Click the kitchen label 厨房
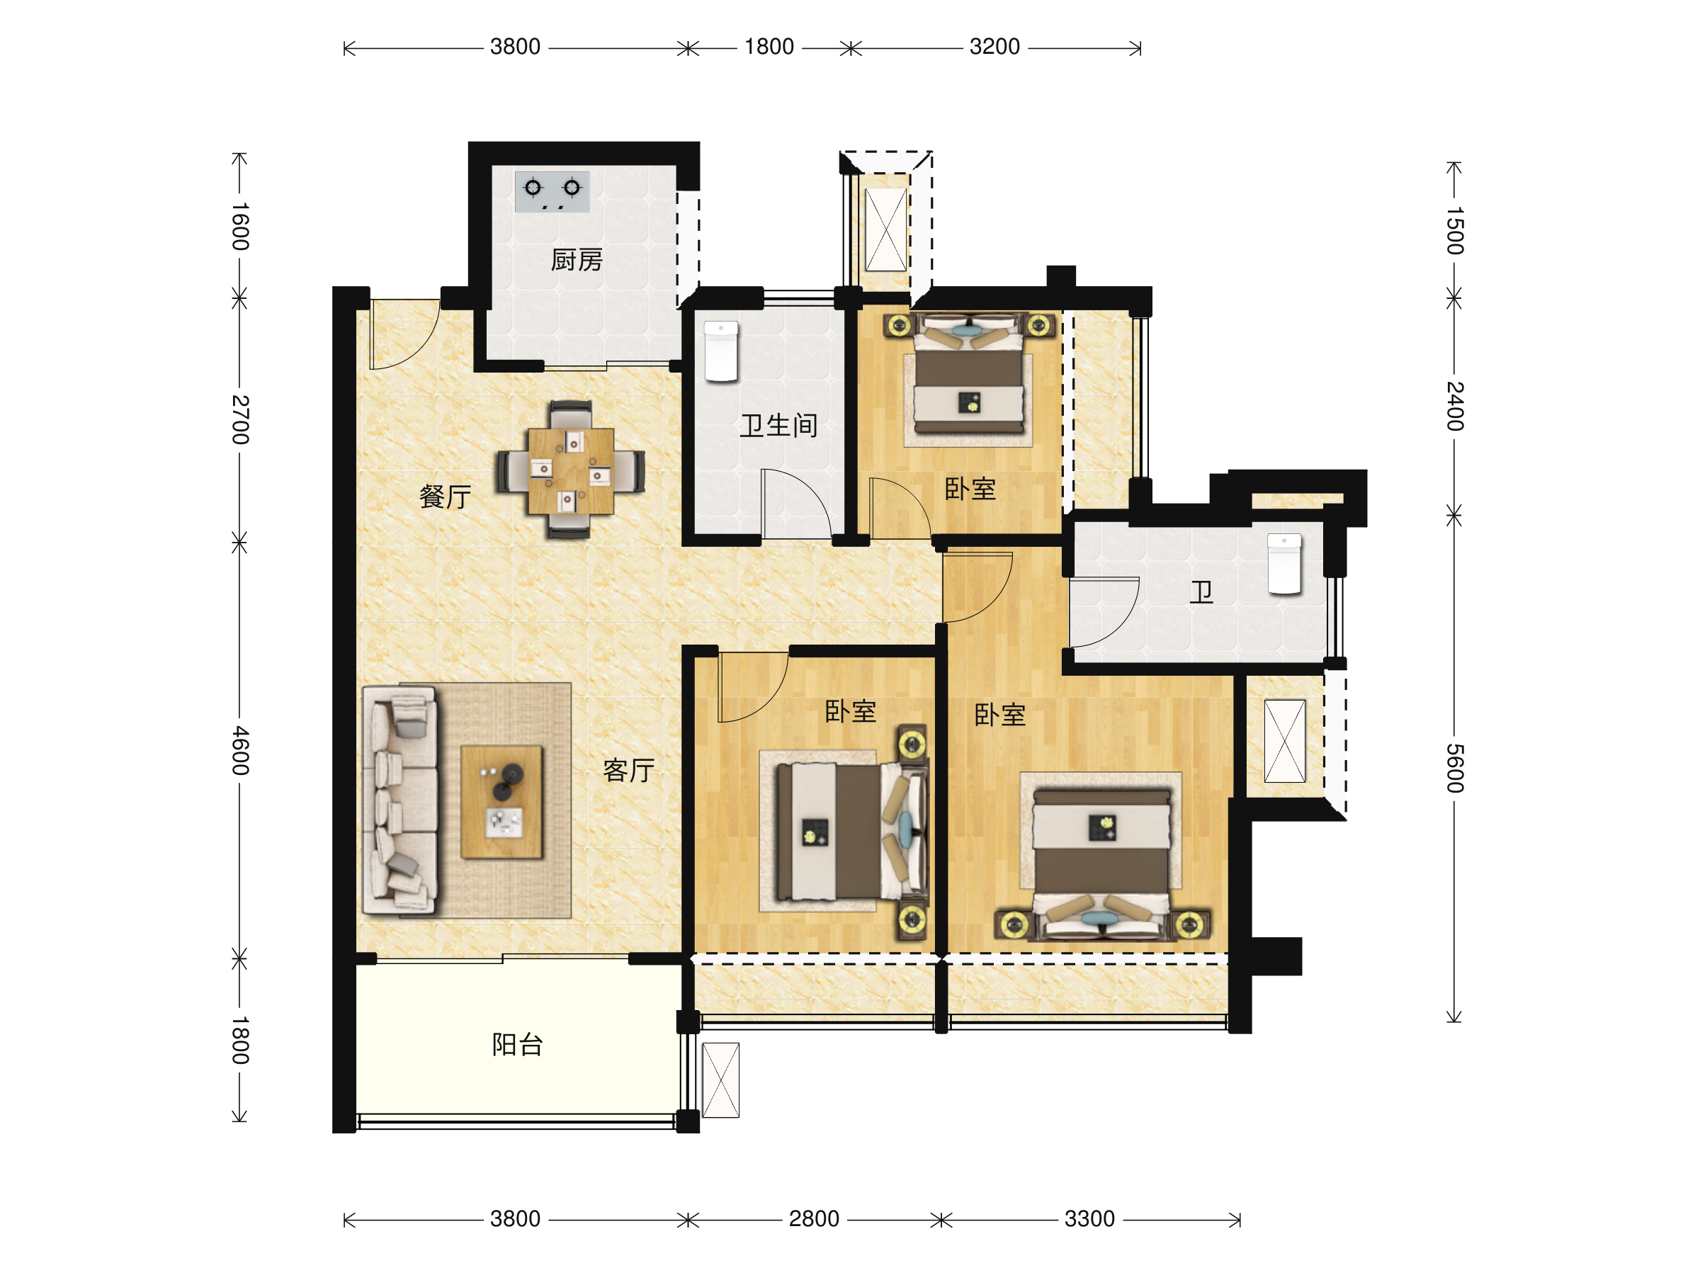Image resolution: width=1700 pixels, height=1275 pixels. click(577, 261)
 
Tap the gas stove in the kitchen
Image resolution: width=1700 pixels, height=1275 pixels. click(552, 191)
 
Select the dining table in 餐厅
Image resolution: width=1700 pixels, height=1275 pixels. click(570, 470)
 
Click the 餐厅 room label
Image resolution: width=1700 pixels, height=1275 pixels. click(446, 497)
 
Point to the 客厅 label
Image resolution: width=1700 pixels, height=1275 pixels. click(629, 770)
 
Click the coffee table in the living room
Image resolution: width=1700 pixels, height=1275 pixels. click(501, 802)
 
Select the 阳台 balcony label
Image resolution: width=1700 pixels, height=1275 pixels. click(518, 1045)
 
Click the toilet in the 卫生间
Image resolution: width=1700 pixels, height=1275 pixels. click(721, 351)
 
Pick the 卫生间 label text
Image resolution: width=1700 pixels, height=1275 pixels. click(778, 426)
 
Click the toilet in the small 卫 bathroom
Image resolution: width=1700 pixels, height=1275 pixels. click(1284, 564)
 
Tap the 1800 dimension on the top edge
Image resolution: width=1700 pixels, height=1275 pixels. click(769, 47)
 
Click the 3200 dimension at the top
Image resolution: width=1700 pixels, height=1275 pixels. click(994, 47)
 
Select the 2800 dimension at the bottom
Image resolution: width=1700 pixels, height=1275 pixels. click(814, 1219)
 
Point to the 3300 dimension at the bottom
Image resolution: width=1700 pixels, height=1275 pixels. click(1089, 1219)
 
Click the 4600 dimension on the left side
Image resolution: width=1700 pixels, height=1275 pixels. click(241, 750)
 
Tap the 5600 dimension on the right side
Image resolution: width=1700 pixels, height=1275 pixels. click(1455, 769)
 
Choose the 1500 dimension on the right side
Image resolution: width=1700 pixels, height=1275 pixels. click(1455, 230)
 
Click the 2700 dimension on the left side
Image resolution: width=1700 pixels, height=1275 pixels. click(241, 419)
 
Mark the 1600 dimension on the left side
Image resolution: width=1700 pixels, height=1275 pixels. click(241, 227)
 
